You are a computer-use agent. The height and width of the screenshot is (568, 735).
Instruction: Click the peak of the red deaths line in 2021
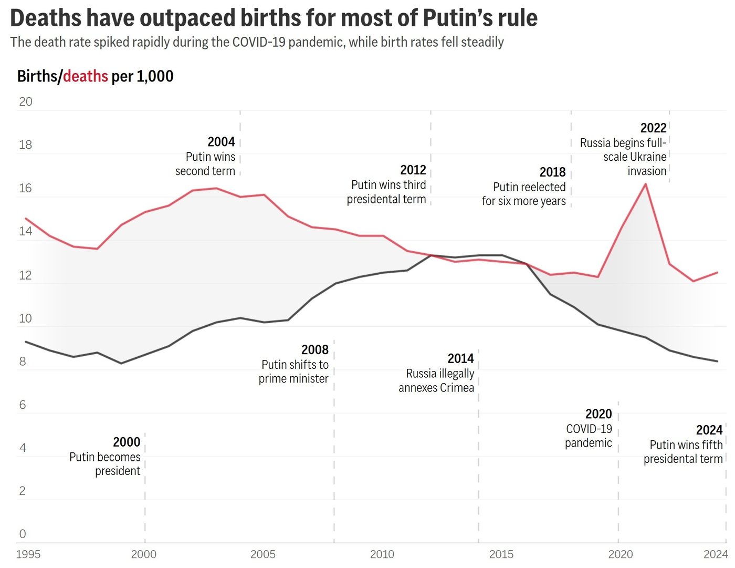(x=645, y=184)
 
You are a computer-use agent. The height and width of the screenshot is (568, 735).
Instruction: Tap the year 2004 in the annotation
(x=221, y=142)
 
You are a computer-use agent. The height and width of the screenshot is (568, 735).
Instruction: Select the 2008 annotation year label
(x=315, y=349)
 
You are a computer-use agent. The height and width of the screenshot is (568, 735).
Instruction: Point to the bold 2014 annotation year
(x=460, y=358)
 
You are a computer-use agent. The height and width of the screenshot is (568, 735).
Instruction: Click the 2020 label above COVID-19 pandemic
(x=598, y=414)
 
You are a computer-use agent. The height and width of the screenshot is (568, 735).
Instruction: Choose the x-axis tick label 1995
(x=28, y=554)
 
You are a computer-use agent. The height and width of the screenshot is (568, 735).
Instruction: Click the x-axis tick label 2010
(x=382, y=554)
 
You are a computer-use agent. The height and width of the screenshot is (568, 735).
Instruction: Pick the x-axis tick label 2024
(x=716, y=554)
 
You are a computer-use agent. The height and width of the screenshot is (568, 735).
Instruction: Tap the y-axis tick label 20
(x=25, y=102)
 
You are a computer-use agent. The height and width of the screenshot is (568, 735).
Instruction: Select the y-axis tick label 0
(x=23, y=534)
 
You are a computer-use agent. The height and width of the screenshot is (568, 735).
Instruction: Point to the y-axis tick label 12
(x=25, y=275)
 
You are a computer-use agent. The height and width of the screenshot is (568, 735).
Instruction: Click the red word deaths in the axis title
(x=86, y=77)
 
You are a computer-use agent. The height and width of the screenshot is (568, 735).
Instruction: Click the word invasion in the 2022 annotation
(x=647, y=171)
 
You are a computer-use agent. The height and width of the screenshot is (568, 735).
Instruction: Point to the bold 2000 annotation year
(x=127, y=442)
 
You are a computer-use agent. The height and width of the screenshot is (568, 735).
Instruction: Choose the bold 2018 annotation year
(x=552, y=172)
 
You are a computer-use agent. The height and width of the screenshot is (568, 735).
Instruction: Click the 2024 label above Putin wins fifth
(x=709, y=430)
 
